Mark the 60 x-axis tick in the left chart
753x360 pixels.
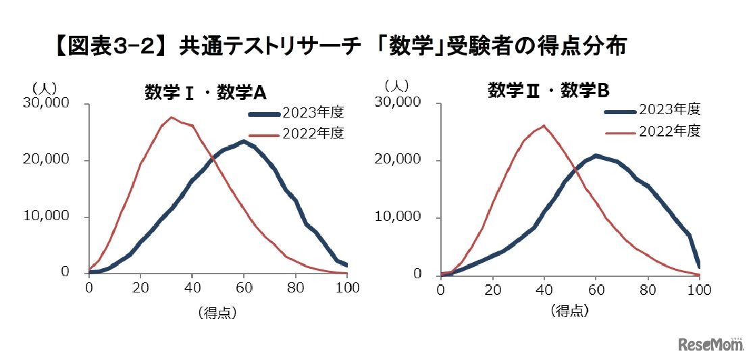pyautogui.click(x=244, y=287)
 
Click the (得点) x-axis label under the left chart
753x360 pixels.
pyautogui.click(x=217, y=313)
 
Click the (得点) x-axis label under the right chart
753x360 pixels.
pyautogui.click(x=569, y=311)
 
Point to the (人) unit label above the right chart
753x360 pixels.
pyautogui.click(x=396, y=86)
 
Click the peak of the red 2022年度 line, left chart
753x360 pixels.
pyautogui.click(x=172, y=118)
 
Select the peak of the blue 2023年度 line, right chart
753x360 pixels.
pyautogui.click(x=596, y=155)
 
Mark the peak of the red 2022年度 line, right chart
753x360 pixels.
pyautogui.click(x=544, y=125)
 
